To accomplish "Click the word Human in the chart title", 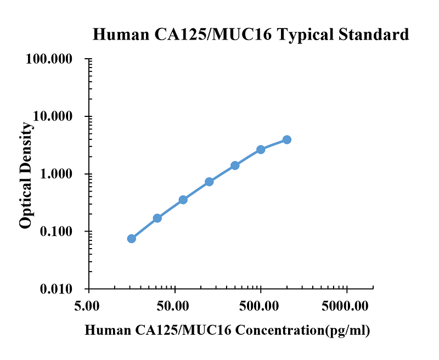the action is [x=121, y=35].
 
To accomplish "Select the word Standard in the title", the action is [x=374, y=35].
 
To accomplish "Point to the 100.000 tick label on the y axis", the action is [x=49, y=59].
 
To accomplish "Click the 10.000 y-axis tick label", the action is [x=53, y=116].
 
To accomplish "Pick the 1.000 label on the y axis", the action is [x=56, y=174].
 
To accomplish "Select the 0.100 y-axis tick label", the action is [x=56, y=232].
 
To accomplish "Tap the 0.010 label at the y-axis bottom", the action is [x=56, y=289].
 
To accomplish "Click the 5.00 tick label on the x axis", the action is [x=87, y=306].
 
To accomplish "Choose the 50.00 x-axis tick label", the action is [x=173, y=306].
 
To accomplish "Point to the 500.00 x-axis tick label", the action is [x=259, y=306].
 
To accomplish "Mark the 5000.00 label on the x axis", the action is [x=345, y=306].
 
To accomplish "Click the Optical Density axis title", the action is [x=26, y=175].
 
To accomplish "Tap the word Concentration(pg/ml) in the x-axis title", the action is [x=303, y=331].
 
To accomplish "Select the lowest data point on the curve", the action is [x=132, y=239].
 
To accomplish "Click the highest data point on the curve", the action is [x=286, y=140].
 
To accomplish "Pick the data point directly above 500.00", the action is [x=261, y=150].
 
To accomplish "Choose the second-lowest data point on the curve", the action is [x=157, y=218].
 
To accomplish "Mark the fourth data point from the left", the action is [x=209, y=182].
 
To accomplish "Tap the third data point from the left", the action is [x=183, y=200].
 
